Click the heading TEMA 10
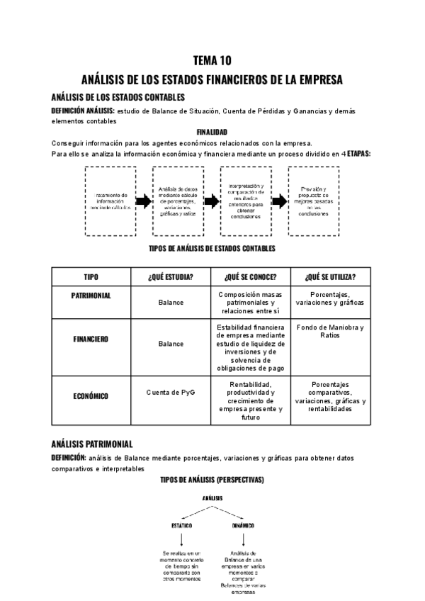coord(212,60)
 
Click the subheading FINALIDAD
coord(212,132)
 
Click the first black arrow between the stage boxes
coord(144,201)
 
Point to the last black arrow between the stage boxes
coord(279,201)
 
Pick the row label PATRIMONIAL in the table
coord(91,295)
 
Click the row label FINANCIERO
coord(91,339)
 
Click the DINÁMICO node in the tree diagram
coord(243,526)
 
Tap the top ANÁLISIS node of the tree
coord(212,498)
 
